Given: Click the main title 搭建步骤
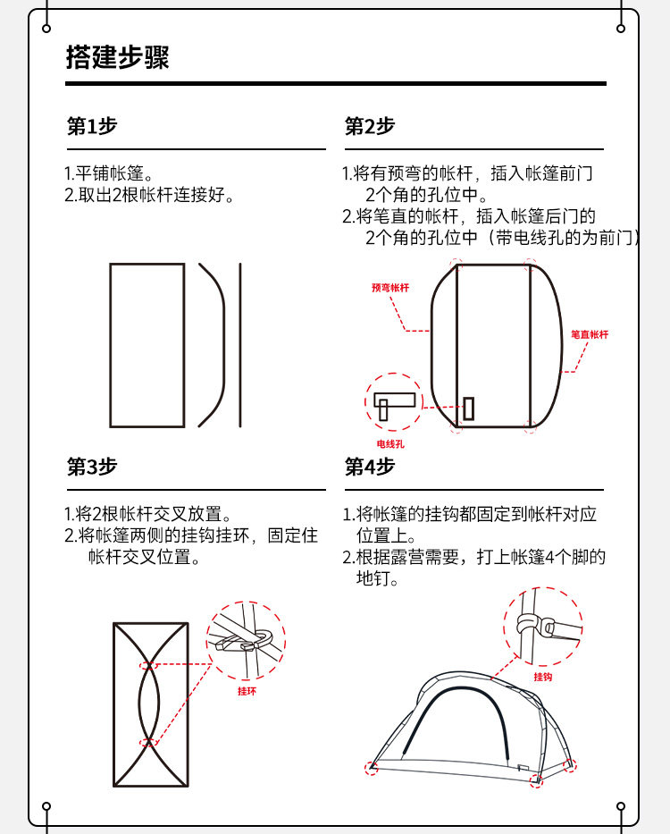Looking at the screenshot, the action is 117,58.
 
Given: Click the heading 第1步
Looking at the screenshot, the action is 92,127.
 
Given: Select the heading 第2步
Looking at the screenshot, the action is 370,127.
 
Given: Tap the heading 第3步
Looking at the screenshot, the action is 92,467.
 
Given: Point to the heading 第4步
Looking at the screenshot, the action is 370,467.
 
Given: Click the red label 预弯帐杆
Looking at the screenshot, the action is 390,288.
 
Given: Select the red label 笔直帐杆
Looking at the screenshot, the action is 590,334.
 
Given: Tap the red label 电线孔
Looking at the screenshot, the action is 391,444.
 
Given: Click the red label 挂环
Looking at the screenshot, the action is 247,691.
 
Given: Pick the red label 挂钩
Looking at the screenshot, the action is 543,677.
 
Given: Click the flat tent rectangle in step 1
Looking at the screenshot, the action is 147,345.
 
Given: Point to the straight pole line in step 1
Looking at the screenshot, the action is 239,345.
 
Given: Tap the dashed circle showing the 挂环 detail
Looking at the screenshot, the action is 246,641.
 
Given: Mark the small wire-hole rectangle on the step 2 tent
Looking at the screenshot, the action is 468,409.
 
